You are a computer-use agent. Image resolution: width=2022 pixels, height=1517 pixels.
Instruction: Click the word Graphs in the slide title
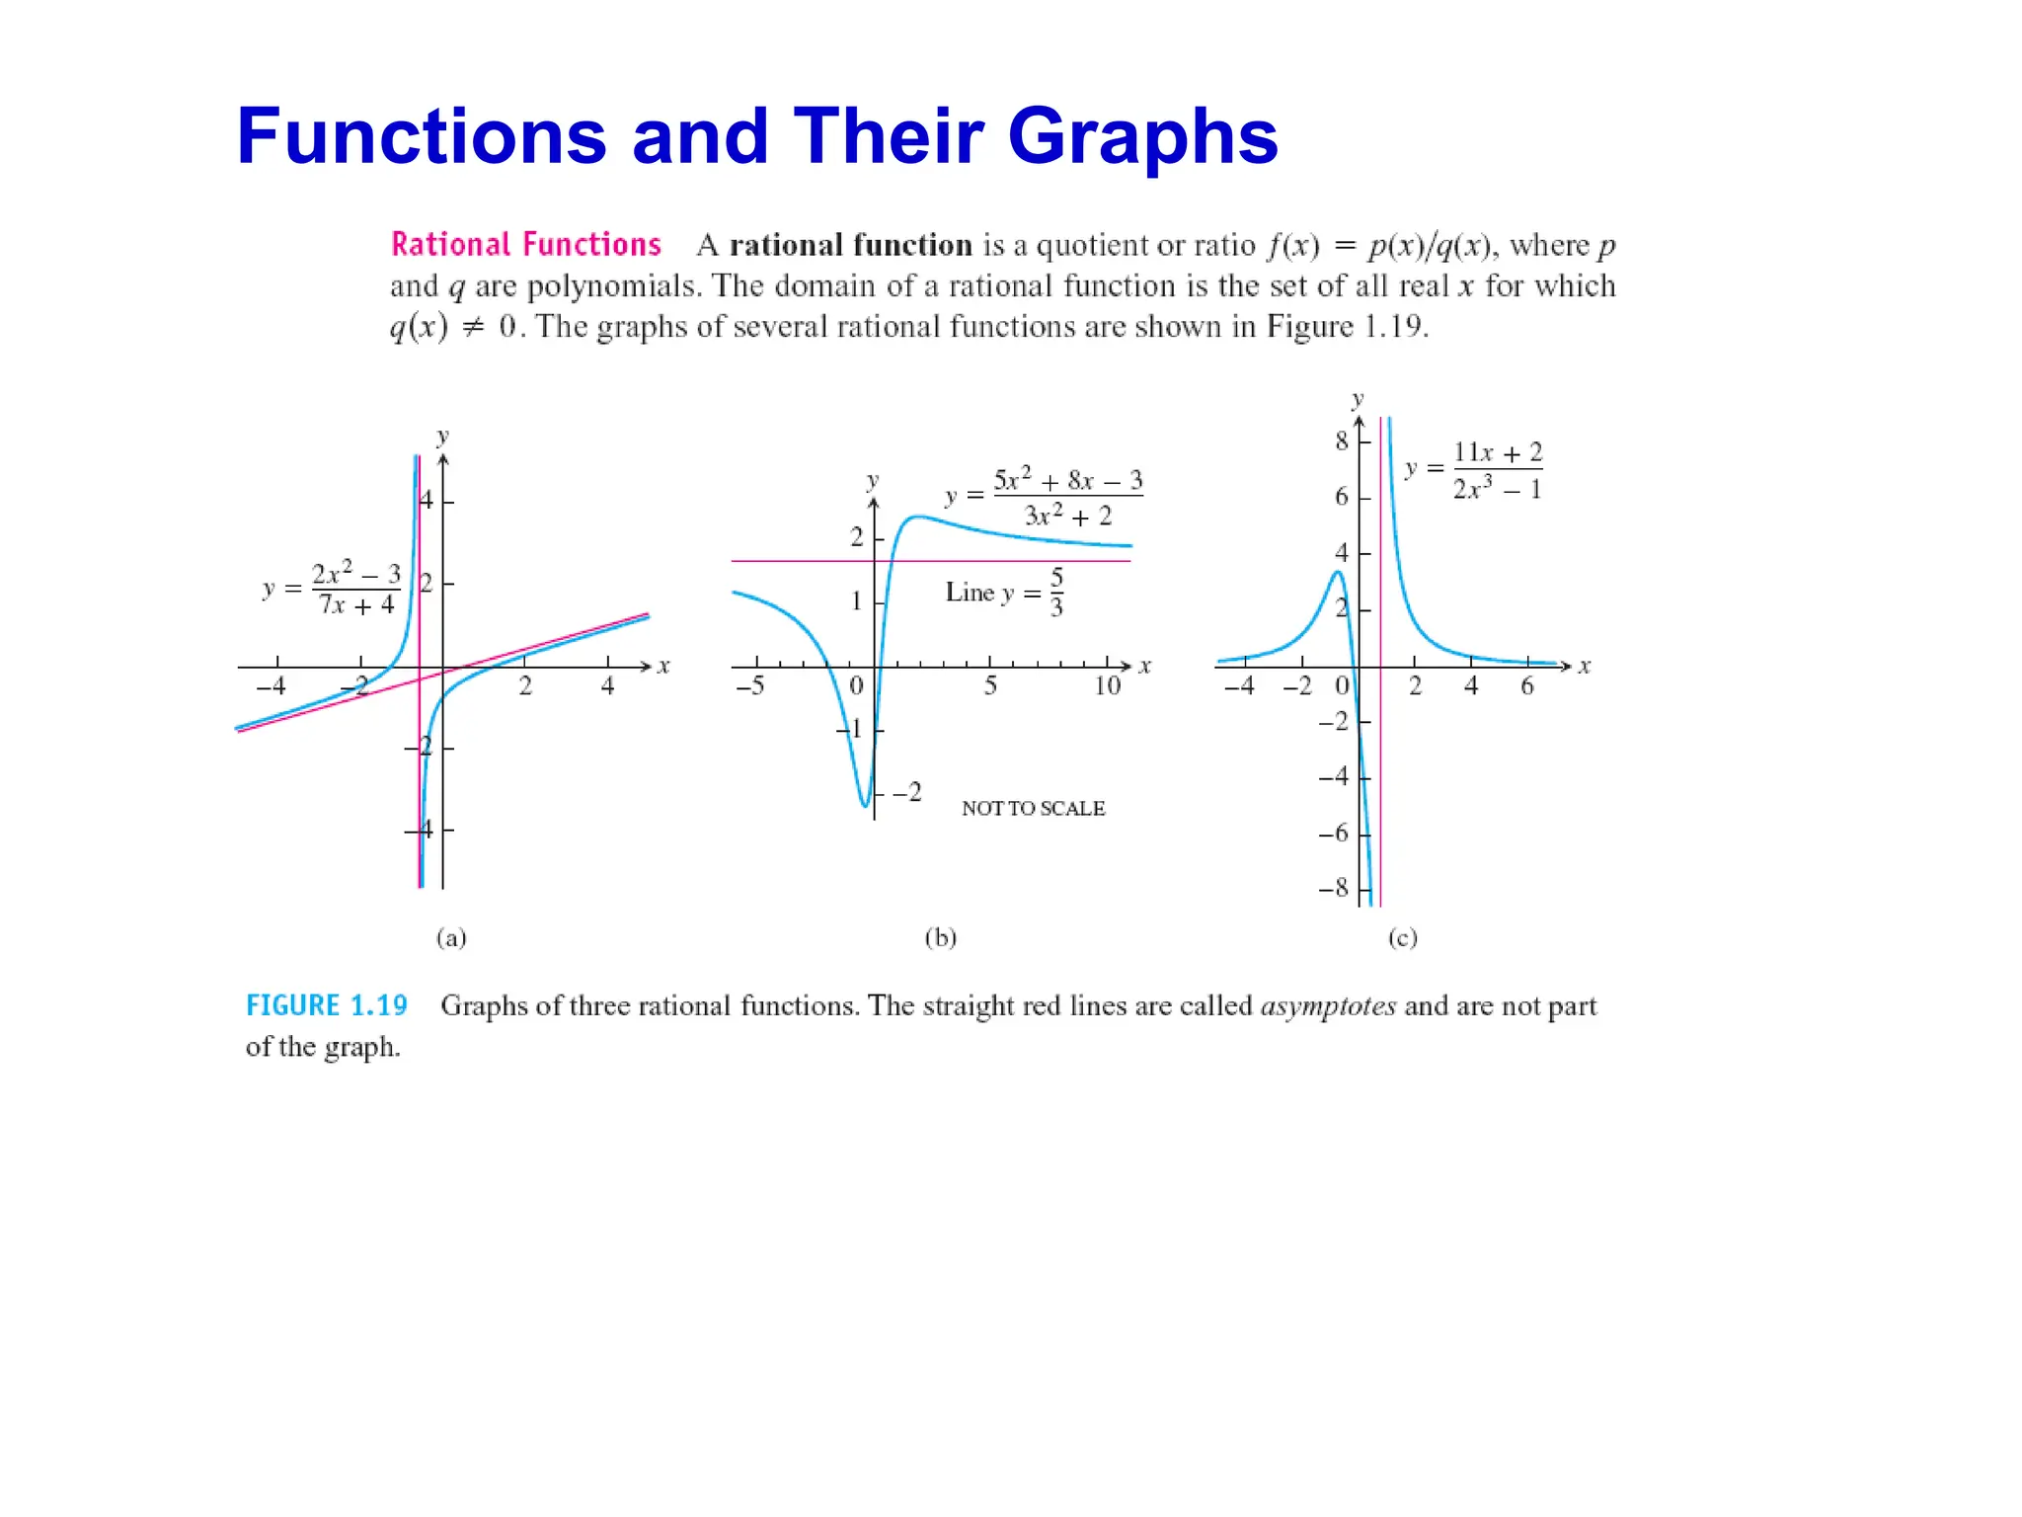click(1142, 136)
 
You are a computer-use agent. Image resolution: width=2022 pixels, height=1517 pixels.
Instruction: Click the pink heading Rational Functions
click(525, 244)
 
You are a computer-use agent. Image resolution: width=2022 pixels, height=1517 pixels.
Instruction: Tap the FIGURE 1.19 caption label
click(326, 1005)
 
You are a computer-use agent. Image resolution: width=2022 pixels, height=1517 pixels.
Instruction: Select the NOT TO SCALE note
click(1033, 808)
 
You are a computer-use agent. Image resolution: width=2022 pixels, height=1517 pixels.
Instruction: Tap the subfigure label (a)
click(451, 937)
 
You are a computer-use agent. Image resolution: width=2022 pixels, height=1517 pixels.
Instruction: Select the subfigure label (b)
click(940, 937)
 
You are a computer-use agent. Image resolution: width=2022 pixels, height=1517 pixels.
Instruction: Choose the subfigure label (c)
click(1402, 937)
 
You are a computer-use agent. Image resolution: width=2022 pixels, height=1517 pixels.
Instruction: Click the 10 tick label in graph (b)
click(1107, 685)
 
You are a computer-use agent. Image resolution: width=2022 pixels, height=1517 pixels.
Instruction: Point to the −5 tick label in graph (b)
click(750, 685)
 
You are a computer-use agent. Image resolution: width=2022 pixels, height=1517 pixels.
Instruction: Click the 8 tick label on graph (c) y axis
click(1341, 441)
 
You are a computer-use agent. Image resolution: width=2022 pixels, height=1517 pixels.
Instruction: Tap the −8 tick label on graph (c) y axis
click(1333, 887)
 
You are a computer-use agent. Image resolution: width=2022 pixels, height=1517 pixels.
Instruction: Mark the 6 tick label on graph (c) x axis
click(1526, 685)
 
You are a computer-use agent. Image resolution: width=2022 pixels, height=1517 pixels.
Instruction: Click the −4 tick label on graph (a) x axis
click(271, 685)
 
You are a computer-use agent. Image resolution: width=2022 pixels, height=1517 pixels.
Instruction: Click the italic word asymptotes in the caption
click(1328, 1006)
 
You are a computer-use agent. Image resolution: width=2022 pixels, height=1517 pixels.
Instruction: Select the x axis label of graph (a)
click(663, 667)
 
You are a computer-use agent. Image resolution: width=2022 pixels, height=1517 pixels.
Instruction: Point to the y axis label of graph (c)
click(1358, 399)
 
